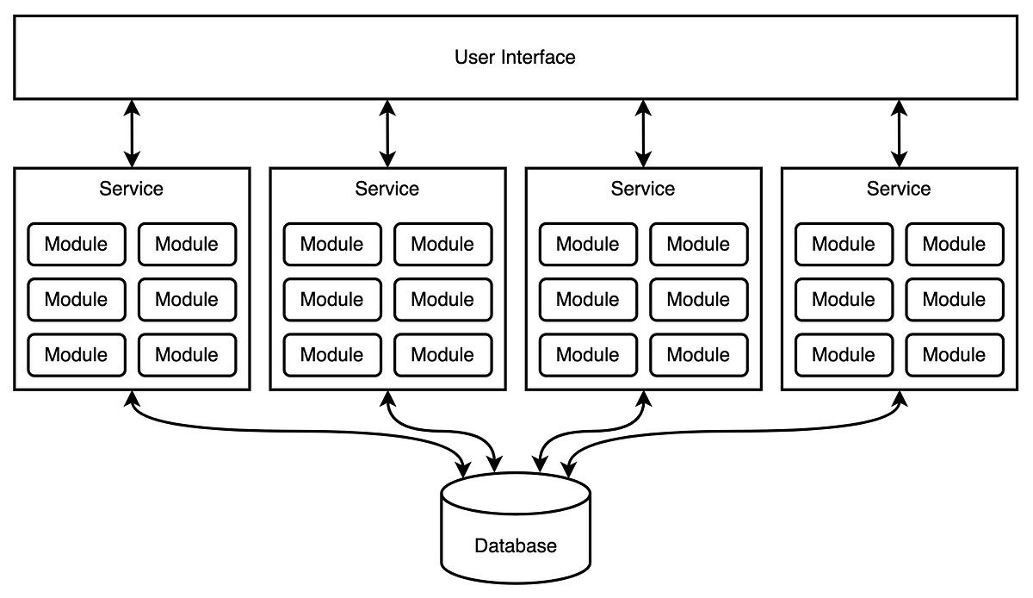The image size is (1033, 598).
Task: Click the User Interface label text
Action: [515, 58]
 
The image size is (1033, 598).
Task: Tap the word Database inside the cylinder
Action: [516, 545]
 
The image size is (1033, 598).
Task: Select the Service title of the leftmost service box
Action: [132, 189]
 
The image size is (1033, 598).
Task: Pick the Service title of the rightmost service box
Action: [899, 189]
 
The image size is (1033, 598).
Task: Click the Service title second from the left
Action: [387, 189]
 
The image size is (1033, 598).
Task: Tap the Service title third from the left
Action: [643, 189]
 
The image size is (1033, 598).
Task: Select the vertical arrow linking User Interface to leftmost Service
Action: [132, 133]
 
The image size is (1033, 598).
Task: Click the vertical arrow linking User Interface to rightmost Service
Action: [899, 133]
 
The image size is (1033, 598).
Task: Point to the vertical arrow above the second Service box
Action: [387, 133]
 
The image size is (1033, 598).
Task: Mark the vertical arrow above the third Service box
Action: [643, 133]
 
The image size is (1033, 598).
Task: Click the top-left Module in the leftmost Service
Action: [77, 244]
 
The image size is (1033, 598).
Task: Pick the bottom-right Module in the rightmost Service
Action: [954, 354]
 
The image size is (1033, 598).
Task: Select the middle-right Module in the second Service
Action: [442, 299]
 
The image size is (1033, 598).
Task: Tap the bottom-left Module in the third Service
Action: [588, 354]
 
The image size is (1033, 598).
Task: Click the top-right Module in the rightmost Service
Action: [954, 244]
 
